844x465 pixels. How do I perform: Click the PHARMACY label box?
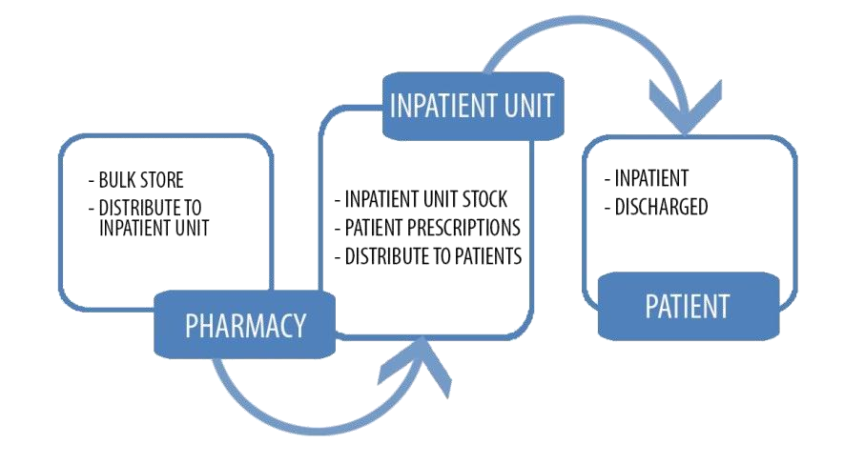click(x=246, y=325)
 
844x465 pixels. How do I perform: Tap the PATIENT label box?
click(x=687, y=306)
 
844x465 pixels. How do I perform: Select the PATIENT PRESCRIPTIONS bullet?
click(x=427, y=229)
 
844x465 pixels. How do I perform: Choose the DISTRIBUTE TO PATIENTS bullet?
click(x=428, y=256)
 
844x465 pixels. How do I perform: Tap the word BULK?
click(x=114, y=179)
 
